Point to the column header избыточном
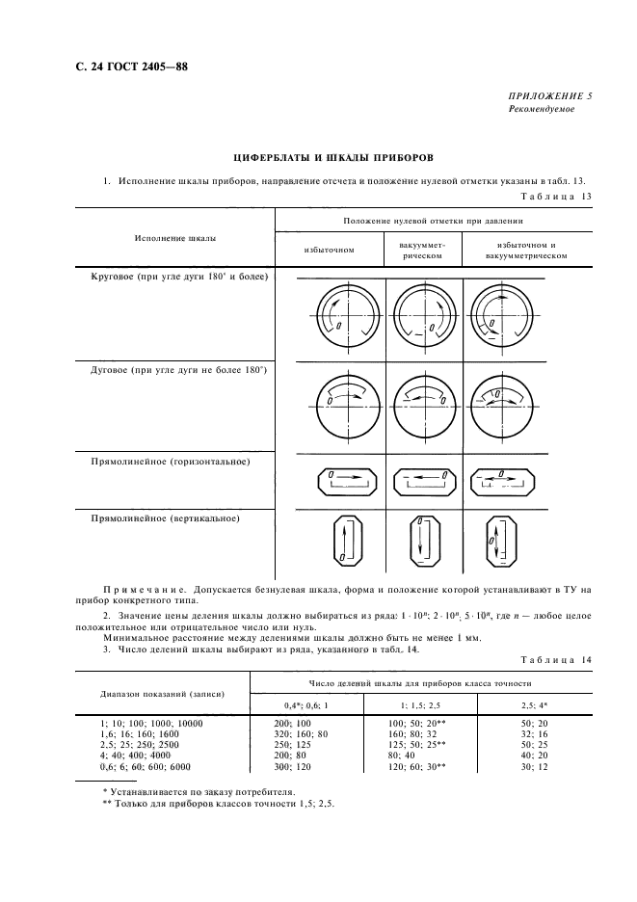coord(330,250)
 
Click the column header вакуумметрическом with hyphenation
coord(422,251)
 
